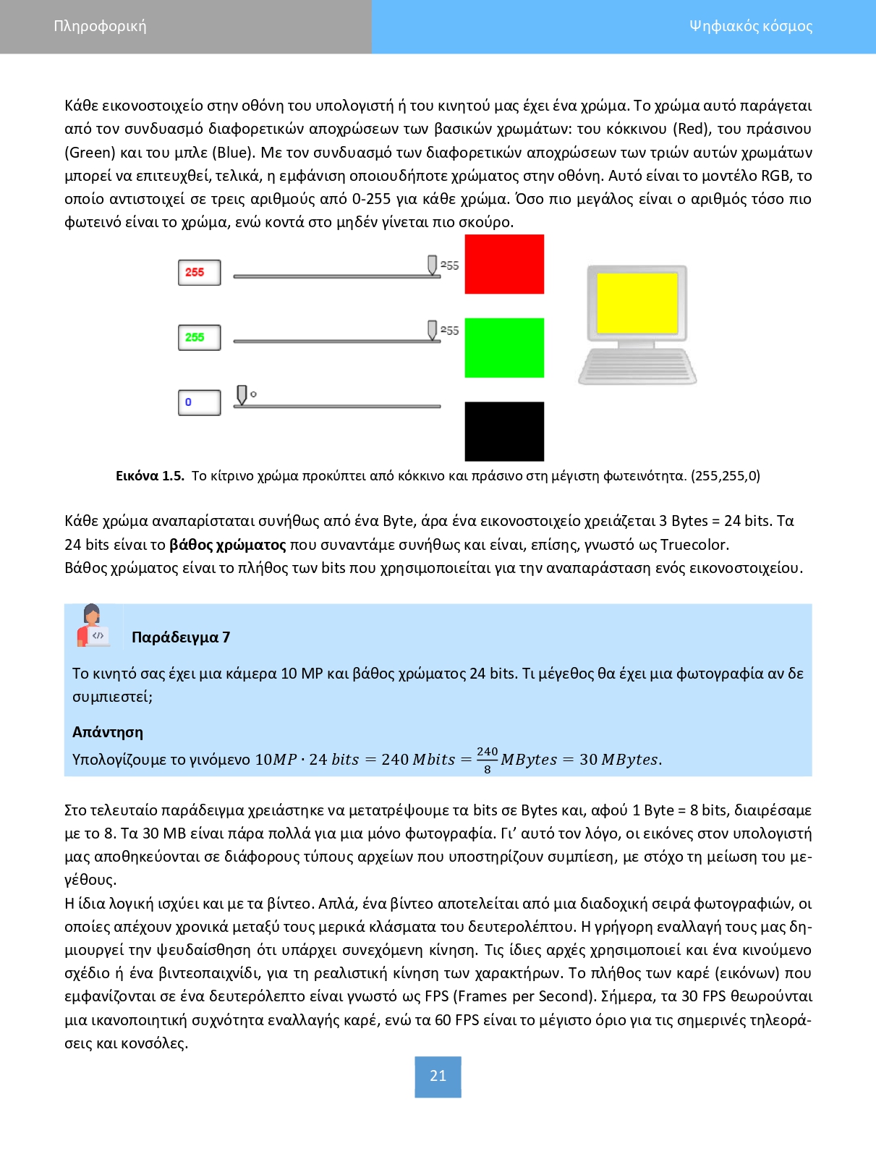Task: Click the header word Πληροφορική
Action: click(x=100, y=27)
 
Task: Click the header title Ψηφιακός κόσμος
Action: click(x=750, y=27)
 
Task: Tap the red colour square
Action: click(x=504, y=264)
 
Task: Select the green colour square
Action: click(x=504, y=348)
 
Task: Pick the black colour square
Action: click(x=504, y=431)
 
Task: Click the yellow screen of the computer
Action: click(x=637, y=303)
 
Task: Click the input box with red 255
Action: click(x=199, y=273)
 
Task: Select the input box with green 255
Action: click(x=199, y=337)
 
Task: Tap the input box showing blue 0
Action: click(x=199, y=402)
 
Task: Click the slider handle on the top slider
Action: click(x=432, y=265)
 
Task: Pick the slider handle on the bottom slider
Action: click(x=242, y=395)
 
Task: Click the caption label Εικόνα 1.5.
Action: click(x=150, y=476)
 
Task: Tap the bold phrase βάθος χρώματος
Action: click(x=227, y=545)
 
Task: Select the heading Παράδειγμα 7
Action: click(x=181, y=637)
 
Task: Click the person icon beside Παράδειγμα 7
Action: click(x=92, y=625)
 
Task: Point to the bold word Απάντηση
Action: click(x=108, y=732)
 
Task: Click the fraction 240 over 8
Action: click(x=487, y=760)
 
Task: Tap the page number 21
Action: click(x=438, y=1076)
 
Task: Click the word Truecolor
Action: click(x=693, y=545)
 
